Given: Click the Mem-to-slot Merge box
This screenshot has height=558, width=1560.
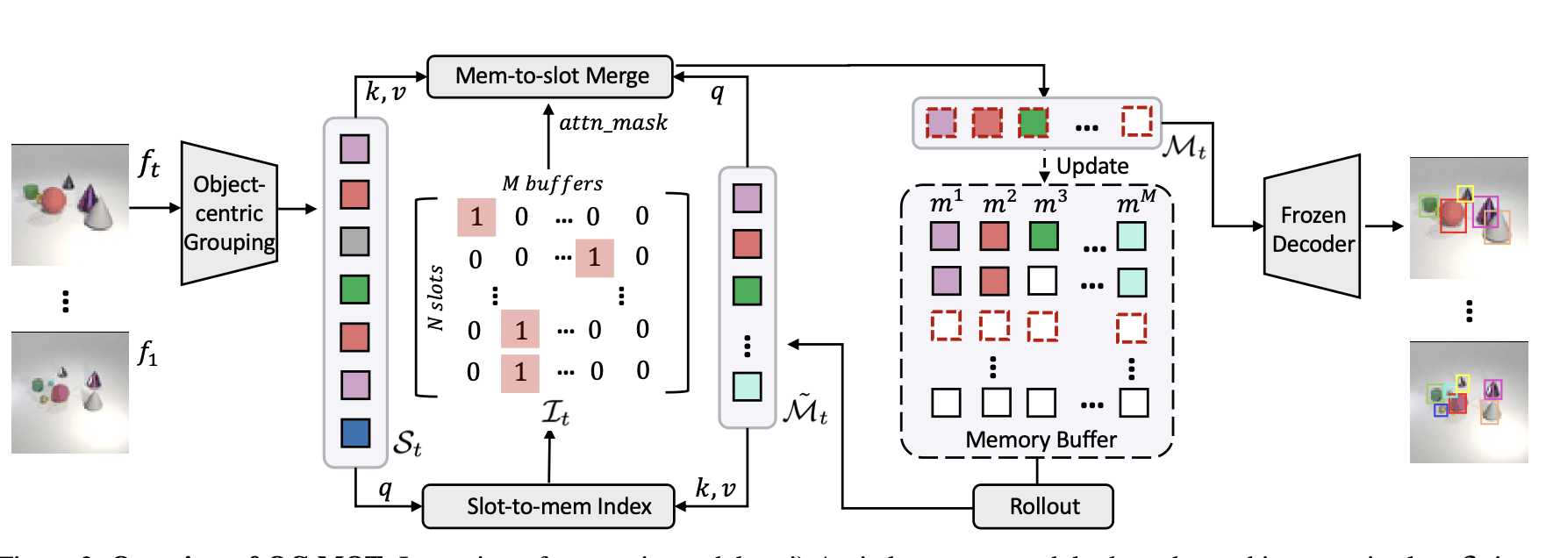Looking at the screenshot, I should [550, 76].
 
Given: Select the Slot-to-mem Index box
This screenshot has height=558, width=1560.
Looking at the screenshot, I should [548, 506].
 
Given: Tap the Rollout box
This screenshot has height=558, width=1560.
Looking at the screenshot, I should [1043, 506].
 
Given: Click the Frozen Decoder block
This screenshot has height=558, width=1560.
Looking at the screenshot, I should [1313, 228].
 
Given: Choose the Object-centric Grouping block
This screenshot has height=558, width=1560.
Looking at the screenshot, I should [229, 213].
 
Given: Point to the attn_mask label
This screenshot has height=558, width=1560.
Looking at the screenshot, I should [613, 123].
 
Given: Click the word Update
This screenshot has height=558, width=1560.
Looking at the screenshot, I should [1092, 166].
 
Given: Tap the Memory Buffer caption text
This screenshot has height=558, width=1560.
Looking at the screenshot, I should [1041, 440].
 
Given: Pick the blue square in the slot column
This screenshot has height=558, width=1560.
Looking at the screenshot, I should [355, 433].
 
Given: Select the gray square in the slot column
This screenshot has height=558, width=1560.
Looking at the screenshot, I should [355, 241].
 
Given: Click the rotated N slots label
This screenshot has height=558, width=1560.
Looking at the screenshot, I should [436, 298].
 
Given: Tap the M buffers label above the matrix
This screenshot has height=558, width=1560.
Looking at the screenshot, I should [553, 184].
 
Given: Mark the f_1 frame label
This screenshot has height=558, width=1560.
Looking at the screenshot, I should [147, 354].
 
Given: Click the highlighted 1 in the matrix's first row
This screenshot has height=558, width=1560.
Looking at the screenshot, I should [476, 217].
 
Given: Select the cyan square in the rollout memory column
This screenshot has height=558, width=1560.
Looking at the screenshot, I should [748, 386].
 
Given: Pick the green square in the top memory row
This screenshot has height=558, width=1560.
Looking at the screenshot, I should [1034, 122].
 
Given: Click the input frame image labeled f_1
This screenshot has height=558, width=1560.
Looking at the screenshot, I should [70, 392].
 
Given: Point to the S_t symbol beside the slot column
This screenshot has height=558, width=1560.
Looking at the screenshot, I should [407, 443].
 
